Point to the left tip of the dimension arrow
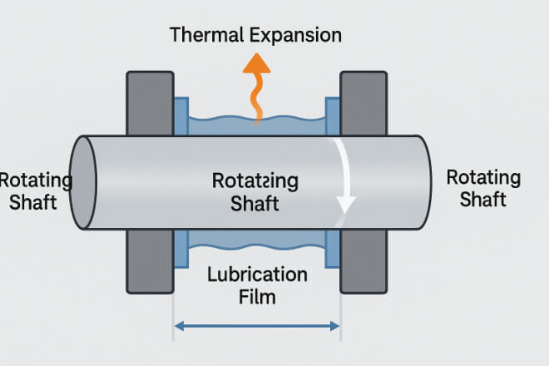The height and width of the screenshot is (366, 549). click(176, 325)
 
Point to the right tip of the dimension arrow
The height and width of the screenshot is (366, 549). click(339, 325)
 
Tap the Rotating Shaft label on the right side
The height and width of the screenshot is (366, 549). click(483, 189)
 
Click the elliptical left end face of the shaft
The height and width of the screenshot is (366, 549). click(83, 182)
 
